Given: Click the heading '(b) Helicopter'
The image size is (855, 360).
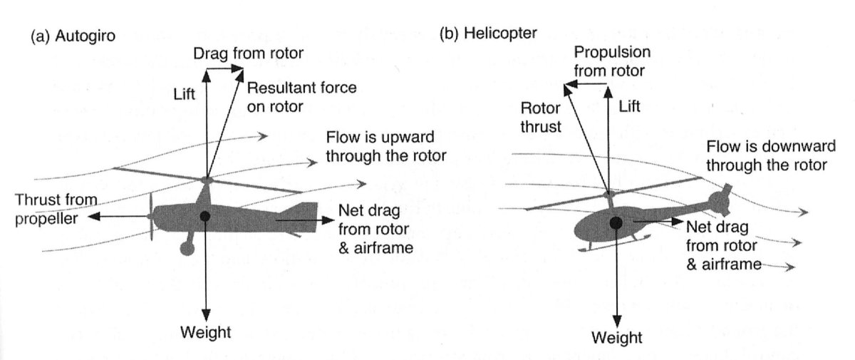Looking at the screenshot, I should click(x=489, y=34).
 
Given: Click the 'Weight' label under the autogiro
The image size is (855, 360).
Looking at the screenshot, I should click(x=205, y=331).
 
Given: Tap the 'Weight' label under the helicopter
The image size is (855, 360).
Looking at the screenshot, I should click(x=618, y=337).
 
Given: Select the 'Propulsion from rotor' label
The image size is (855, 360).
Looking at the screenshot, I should click(x=609, y=61).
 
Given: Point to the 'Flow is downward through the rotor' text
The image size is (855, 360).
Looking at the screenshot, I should click(x=766, y=156).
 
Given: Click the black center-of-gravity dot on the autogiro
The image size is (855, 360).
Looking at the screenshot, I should click(x=205, y=215).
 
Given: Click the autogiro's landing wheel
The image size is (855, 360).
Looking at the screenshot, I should click(x=188, y=247).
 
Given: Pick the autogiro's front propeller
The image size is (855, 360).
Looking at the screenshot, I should click(x=149, y=215).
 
